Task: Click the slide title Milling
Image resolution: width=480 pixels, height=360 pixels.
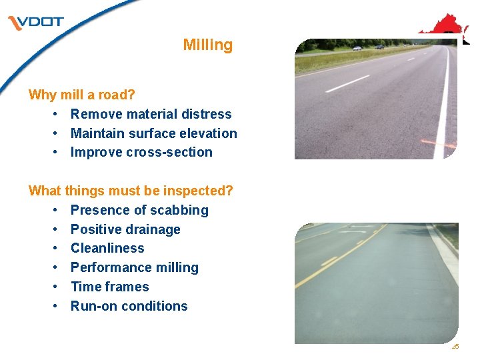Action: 208,45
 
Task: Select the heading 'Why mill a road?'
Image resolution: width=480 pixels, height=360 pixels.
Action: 81,95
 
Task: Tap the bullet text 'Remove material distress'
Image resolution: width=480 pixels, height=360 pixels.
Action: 151,114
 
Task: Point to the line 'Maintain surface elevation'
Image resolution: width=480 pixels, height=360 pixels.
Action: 153,133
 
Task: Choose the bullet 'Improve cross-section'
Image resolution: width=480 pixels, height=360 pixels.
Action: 141,152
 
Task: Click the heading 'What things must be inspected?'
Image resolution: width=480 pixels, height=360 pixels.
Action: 131,191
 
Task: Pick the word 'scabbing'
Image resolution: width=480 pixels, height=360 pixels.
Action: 181,210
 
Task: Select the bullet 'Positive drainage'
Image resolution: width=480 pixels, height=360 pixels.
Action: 125,229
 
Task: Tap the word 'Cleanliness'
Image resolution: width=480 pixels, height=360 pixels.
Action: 107,248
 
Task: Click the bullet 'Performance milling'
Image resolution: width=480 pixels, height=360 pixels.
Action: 135,267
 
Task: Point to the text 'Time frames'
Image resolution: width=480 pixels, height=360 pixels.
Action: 110,287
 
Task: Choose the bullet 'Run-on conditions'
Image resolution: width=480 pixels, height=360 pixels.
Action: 129,306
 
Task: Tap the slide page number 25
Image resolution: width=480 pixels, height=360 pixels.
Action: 455,346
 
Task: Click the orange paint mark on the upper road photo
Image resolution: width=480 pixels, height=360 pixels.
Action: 439,143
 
